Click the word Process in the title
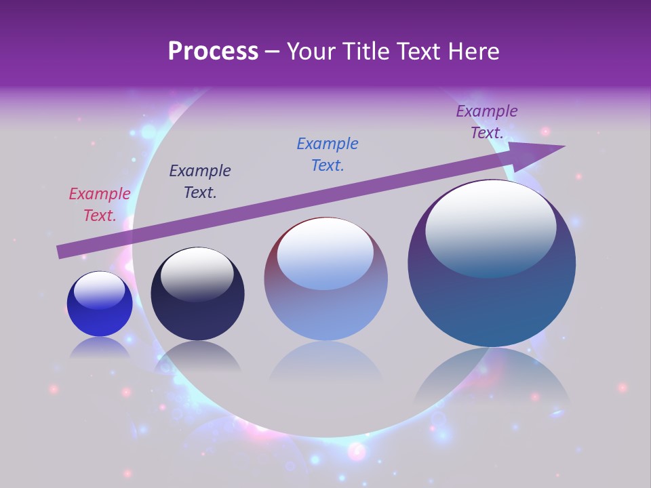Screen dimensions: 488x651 point(213,52)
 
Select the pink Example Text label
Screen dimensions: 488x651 point(100,205)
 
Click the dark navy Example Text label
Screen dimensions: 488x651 point(200,182)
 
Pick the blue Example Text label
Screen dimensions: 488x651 point(328,155)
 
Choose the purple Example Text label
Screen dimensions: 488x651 point(487,122)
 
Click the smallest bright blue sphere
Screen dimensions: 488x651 point(100,319)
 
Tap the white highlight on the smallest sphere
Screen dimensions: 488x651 point(100,290)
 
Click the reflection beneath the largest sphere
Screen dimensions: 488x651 point(492,380)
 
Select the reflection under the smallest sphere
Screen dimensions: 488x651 point(100,348)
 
